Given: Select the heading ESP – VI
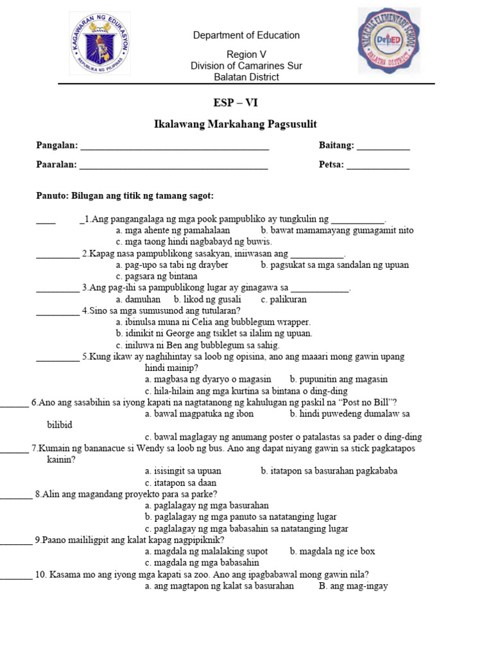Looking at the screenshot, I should [x=236, y=103].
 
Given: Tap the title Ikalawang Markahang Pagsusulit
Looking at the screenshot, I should [x=236, y=124].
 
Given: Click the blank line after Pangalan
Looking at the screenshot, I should [x=174, y=148].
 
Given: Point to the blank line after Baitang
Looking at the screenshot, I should [x=383, y=148].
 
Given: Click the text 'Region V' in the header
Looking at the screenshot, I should [x=246, y=55].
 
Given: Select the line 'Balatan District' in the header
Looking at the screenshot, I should [x=246, y=77].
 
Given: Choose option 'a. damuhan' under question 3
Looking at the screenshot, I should [x=138, y=299].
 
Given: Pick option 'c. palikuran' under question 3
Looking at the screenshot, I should [x=284, y=299].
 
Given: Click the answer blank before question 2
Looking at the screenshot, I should [x=57, y=254].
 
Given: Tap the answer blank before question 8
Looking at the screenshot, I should [x=15, y=495].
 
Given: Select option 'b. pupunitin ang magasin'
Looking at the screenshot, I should [x=339, y=379].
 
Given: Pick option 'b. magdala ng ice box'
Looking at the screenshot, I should [x=333, y=551].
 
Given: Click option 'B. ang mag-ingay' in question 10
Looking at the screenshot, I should [x=353, y=586].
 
